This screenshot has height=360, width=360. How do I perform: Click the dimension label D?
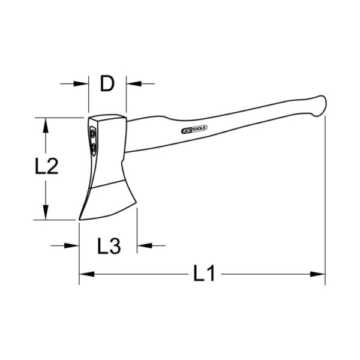pyautogui.click(x=107, y=83)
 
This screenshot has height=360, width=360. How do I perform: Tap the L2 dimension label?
pyautogui.click(x=47, y=166)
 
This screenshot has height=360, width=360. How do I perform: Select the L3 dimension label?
pyautogui.click(x=109, y=246)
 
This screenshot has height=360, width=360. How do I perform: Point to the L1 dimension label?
pyautogui.click(x=204, y=273)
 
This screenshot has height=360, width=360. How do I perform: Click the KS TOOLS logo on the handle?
pyautogui.click(x=194, y=129)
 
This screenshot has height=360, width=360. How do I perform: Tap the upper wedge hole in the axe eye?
pyautogui.click(x=92, y=133)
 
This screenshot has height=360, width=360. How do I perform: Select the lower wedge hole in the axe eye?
pyautogui.click(x=94, y=148)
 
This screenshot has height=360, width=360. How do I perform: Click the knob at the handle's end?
pyautogui.click(x=319, y=106)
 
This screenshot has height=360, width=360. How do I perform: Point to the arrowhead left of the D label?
pyautogui.click(x=81, y=83)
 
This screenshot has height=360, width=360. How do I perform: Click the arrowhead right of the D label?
pyautogui.click(x=134, y=83)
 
